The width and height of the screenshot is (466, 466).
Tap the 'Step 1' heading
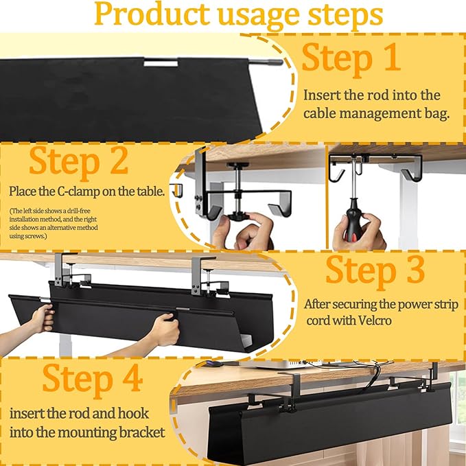pos(351,58)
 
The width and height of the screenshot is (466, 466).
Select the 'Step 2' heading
pos(78,161)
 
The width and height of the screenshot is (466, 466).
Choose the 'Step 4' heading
pos(92,378)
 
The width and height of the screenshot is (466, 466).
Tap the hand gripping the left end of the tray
pos(40,318)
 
